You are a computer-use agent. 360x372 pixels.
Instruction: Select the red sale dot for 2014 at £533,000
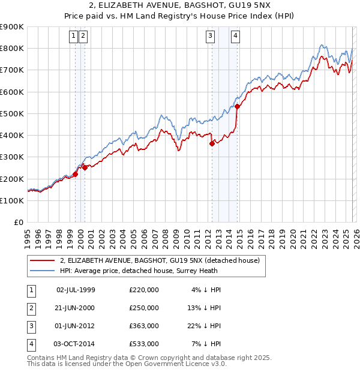pos(237,106)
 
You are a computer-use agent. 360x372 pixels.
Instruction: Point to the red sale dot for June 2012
pos(212,143)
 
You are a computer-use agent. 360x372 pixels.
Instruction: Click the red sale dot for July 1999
pos(76,175)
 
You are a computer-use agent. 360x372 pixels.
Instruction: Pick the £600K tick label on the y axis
pos(12,92)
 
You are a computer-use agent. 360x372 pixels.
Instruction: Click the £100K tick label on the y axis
pos(12,200)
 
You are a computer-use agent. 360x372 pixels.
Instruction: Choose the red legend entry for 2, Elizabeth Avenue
pos(159,260)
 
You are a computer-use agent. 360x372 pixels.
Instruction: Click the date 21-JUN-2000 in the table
pos(76,308)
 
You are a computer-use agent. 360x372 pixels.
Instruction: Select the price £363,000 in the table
pos(144,326)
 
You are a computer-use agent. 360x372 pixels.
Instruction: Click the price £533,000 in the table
pos(144,344)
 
